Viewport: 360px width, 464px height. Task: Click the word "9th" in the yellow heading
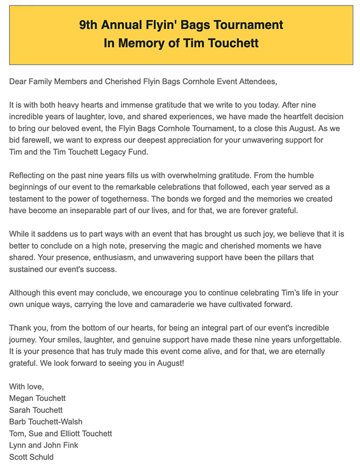tap(89, 25)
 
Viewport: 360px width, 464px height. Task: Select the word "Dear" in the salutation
tap(19, 82)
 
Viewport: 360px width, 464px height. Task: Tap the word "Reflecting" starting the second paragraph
tap(29, 176)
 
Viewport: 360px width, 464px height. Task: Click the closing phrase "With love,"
tap(26, 386)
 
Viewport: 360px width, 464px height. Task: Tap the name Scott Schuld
tap(31, 456)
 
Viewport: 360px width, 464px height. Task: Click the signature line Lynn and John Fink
tap(44, 445)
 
